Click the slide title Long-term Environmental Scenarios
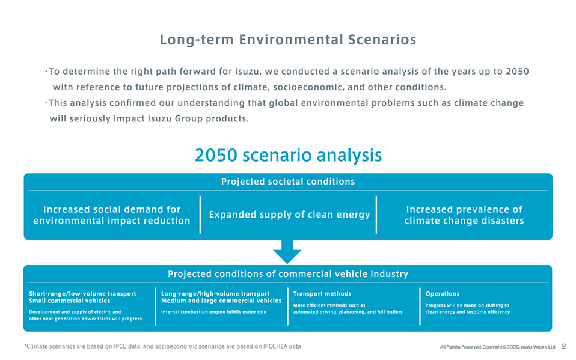287,40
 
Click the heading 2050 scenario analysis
288,155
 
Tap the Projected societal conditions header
288,182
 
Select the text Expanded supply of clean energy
289,215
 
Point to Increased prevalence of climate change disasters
464,215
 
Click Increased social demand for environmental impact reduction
112,215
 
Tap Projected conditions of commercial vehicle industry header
288,274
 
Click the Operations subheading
443,294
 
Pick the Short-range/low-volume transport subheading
82,294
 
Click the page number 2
563,346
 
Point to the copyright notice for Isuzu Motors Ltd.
497,347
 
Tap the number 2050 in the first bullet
517,72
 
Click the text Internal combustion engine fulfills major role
214,312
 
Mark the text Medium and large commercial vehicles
221,301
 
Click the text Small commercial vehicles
69,301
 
